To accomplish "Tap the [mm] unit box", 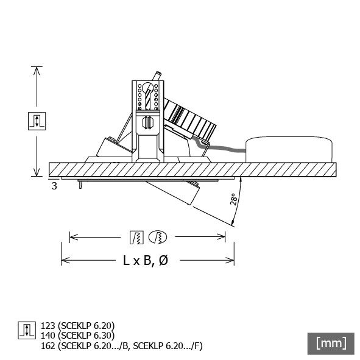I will click(331, 343).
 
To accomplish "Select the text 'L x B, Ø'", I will click(146, 261).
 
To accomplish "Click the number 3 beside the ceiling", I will click(54, 186).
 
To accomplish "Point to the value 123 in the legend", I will click(48, 325).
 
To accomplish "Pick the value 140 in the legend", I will click(48, 334).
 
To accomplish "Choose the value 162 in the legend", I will click(48, 345).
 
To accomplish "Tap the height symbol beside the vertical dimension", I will click(37, 120).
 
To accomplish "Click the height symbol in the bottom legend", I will click(26, 330).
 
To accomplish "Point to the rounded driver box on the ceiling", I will click(289, 149).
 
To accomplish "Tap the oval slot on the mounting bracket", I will click(146, 121).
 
